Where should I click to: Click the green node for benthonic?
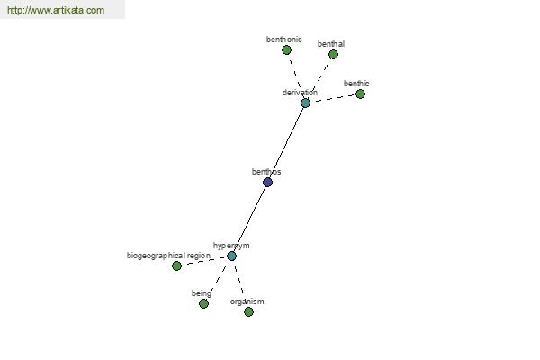[x=286, y=50]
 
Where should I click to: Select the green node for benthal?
[x=333, y=54]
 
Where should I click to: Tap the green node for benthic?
[x=360, y=94]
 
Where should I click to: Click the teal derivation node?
[x=305, y=103]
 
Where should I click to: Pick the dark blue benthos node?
[x=267, y=182]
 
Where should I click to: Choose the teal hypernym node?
[x=232, y=256]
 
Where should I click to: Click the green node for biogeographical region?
[x=176, y=266]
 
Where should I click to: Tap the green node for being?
[x=203, y=304]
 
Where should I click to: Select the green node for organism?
[x=248, y=312]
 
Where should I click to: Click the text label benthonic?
[x=284, y=40]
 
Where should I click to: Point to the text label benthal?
[x=331, y=44]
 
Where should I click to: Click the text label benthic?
[x=356, y=84]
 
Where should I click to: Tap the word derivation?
[x=300, y=93]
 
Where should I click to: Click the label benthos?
[x=266, y=172]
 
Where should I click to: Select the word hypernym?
[x=231, y=246]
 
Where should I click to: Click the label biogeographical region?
[x=169, y=256]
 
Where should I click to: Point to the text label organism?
[x=247, y=301]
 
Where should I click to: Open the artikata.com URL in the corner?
[x=56, y=10]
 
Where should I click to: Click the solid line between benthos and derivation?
[x=286, y=142]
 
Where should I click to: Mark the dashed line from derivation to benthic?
[x=333, y=98]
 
